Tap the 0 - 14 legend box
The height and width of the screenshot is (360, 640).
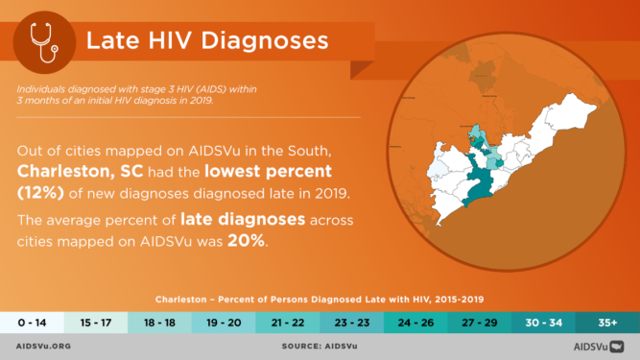(32, 323)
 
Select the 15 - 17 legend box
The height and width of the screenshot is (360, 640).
(96, 323)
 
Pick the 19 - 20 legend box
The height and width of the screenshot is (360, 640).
(224, 323)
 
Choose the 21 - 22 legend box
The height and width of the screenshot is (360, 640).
(288, 323)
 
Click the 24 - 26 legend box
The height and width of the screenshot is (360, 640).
(415, 323)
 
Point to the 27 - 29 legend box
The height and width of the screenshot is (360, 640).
(480, 323)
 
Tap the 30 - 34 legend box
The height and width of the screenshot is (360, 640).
(544, 323)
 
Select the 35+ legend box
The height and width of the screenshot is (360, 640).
(607, 323)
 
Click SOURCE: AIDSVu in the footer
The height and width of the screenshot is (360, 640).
(319, 347)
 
